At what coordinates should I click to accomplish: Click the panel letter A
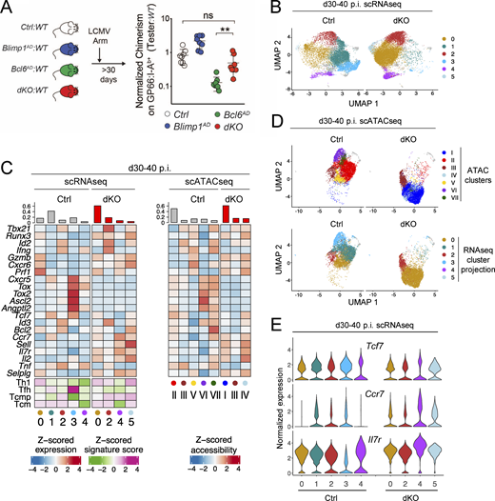click(8, 9)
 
